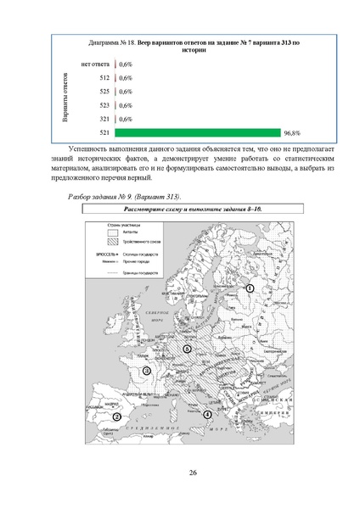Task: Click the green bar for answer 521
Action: tap(197, 133)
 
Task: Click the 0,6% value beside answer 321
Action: tap(126, 120)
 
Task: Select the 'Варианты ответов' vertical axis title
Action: tap(65, 98)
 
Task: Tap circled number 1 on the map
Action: tap(250, 289)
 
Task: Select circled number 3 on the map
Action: tap(147, 370)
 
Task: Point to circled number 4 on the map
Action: tap(207, 413)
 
